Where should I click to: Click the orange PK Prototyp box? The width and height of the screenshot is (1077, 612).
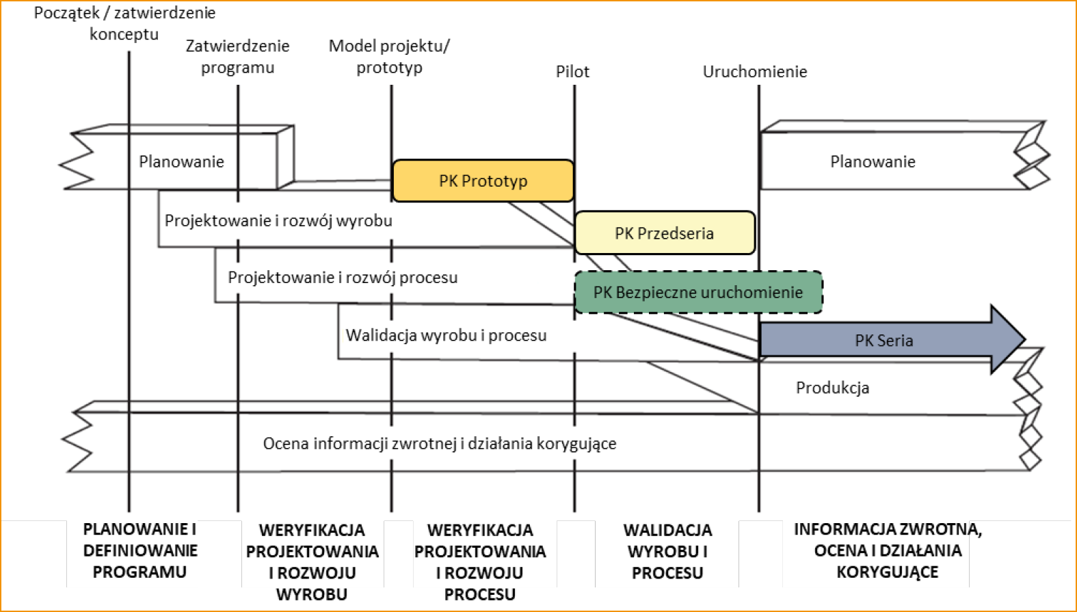(x=483, y=181)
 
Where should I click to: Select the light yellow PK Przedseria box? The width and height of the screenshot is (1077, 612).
(x=664, y=233)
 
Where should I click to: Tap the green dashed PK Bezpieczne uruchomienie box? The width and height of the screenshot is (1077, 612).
(x=698, y=293)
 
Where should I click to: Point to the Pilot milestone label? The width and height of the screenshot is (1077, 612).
(x=572, y=72)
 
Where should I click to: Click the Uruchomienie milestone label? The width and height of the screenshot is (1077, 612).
(x=755, y=72)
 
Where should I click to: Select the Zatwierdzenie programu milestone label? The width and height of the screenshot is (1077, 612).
(x=237, y=57)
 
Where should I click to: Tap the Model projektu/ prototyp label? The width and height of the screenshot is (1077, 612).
(x=389, y=57)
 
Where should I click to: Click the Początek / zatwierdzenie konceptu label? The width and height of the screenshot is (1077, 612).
(x=124, y=23)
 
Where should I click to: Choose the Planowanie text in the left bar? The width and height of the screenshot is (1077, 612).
(x=181, y=162)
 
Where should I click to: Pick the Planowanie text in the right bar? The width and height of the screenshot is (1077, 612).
(x=873, y=162)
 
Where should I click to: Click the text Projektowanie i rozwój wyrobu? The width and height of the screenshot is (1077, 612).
(x=278, y=221)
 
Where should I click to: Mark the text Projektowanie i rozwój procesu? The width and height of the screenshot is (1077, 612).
(x=343, y=278)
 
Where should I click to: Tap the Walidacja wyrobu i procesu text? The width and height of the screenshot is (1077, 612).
(x=446, y=336)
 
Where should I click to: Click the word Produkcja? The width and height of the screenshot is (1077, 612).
(x=832, y=388)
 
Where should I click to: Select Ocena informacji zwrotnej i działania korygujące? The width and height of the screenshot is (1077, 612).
(x=440, y=444)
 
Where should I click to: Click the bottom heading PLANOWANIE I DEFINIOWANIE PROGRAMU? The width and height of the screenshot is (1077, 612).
(x=139, y=550)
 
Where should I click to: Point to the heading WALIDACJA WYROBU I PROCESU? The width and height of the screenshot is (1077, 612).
(x=667, y=551)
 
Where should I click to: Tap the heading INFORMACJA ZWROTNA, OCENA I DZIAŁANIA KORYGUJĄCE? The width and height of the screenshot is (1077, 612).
(x=888, y=550)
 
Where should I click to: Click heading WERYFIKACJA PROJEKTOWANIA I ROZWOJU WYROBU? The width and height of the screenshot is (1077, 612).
(x=312, y=562)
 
